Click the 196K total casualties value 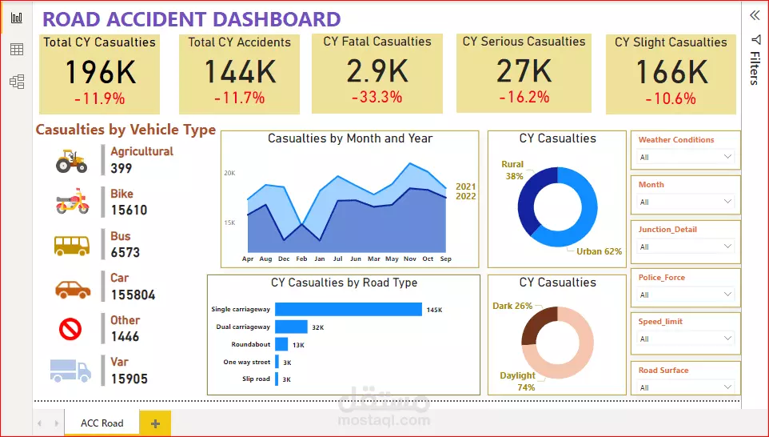[100, 73]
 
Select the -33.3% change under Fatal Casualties [377, 97]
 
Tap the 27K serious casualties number [524, 72]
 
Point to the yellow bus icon [71, 243]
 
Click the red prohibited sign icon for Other [71, 329]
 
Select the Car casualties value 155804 [133, 295]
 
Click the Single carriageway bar [348, 309]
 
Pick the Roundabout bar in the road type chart [281, 344]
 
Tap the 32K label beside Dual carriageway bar [317, 327]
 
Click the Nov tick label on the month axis [410, 259]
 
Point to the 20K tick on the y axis [229, 173]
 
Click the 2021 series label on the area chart [465, 186]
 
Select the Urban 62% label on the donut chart [599, 251]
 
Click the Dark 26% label [512, 306]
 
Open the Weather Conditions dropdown [685, 157]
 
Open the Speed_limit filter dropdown [685, 339]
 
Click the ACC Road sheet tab [102, 423]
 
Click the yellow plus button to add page [155, 423]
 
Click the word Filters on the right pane [755, 68]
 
